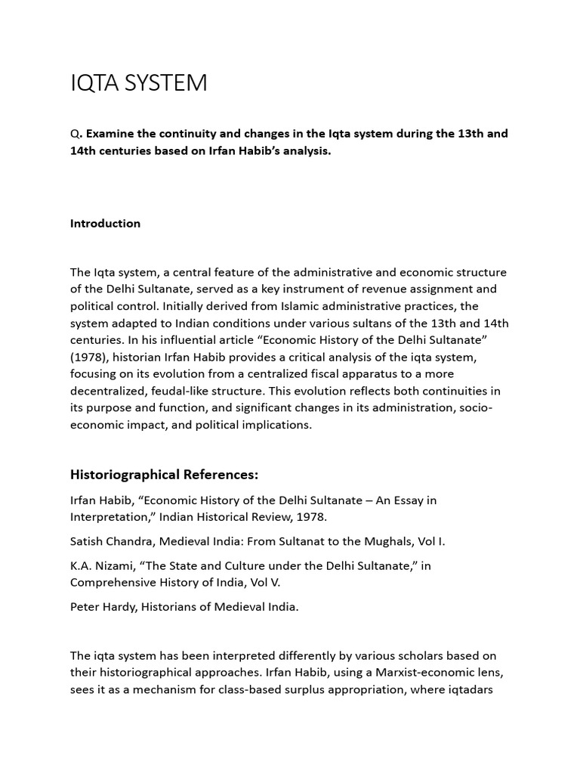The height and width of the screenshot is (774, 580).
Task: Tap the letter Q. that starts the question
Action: [76, 134]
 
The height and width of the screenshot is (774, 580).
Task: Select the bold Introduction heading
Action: [105, 223]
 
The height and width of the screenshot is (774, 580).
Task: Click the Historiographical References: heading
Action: [164, 475]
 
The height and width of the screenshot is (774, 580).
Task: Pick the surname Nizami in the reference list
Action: [114, 566]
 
